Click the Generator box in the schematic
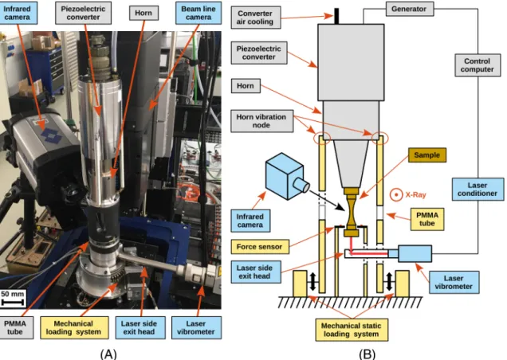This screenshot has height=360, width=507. coord(410,9)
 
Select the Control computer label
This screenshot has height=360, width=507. coord(477,65)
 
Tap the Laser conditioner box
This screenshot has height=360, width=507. coord(478,189)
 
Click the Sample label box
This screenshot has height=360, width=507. coord(426,155)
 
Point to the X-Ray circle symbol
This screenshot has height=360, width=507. coord(396,194)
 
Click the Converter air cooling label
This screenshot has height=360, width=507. coord(255,18)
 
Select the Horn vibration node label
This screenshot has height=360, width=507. coord(261,121)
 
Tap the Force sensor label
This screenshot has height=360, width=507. coord(260,247)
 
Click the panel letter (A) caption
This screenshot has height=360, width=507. coord(108,354)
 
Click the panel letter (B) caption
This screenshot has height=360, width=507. coord(367,354)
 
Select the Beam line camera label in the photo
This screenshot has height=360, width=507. coord(198,13)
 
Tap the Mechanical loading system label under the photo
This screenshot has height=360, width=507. coord(74,327)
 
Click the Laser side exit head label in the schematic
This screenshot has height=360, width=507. coord(255,272)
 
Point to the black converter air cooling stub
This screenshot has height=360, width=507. coord(336,16)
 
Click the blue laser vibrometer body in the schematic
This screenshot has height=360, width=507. coord(415,254)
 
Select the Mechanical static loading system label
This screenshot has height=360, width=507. coord(352,330)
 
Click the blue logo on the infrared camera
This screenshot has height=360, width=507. coord(51,135)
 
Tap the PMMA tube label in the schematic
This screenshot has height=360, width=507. coord(426,219)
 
